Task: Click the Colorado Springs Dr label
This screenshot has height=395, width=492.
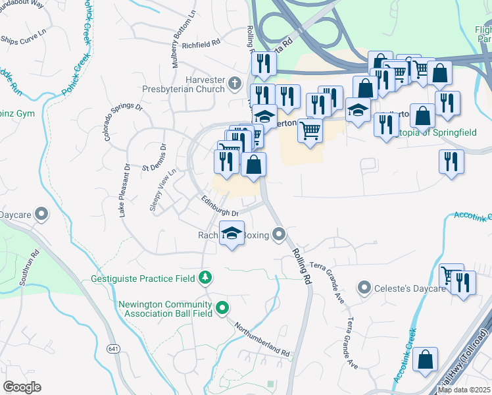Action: (x=122, y=122)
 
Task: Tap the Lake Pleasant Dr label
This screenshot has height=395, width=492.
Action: (x=122, y=190)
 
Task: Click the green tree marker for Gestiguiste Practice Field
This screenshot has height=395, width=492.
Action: (x=206, y=278)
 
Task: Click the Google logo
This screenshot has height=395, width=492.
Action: (x=22, y=387)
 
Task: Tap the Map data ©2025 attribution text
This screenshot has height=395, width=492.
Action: (x=464, y=390)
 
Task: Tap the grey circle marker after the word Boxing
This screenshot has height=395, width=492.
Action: (x=280, y=234)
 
